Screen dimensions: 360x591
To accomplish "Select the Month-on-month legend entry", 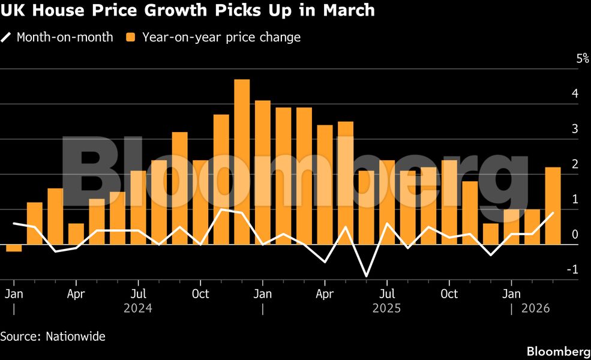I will (x=64, y=37).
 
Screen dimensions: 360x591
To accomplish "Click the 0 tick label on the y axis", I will (x=575, y=235).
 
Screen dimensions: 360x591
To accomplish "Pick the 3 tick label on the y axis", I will (x=575, y=129).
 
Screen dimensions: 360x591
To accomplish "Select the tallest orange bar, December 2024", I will (x=242, y=162).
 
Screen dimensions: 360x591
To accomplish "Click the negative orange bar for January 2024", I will (x=14, y=248).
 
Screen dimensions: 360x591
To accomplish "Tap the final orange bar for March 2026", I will (x=553, y=206).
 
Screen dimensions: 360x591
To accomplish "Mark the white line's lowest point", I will (x=366, y=277).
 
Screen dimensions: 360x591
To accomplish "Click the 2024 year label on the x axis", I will (x=138, y=308).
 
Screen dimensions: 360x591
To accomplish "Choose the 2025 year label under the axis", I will (x=386, y=308).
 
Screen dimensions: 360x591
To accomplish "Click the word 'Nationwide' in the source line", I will (x=76, y=337).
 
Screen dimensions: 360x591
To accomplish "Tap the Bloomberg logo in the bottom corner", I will (x=558, y=351).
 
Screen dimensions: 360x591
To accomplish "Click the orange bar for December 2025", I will (x=490, y=234).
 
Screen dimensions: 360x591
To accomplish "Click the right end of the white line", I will (x=553, y=213).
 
